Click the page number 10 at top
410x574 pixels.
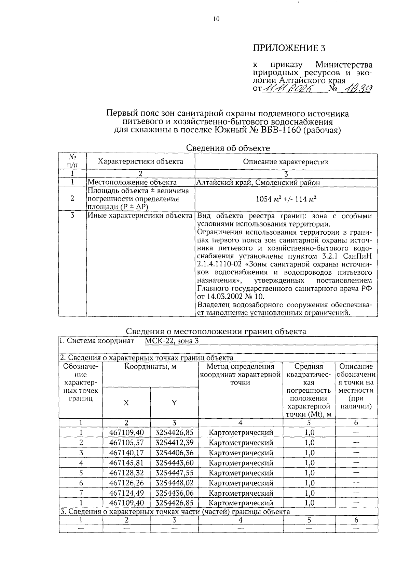pyautogui.click(x=216, y=19)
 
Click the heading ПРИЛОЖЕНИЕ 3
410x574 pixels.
pyautogui.click(x=289, y=48)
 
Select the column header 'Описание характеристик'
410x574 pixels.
pyautogui.click(x=286, y=162)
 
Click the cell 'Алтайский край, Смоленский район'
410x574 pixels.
pyautogui.click(x=259, y=183)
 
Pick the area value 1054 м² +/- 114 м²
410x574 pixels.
pyautogui.click(x=286, y=199)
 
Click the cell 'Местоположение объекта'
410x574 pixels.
pyautogui.click(x=132, y=183)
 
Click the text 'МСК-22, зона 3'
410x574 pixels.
pyautogui.click(x=172, y=341)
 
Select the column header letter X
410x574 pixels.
pyautogui.click(x=126, y=403)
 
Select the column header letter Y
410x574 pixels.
pyautogui.click(x=174, y=403)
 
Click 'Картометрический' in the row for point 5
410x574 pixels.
pyautogui.click(x=241, y=473)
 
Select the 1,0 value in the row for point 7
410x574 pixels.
pyautogui.click(x=309, y=493)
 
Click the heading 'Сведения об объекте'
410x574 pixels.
pyautogui.click(x=228, y=148)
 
